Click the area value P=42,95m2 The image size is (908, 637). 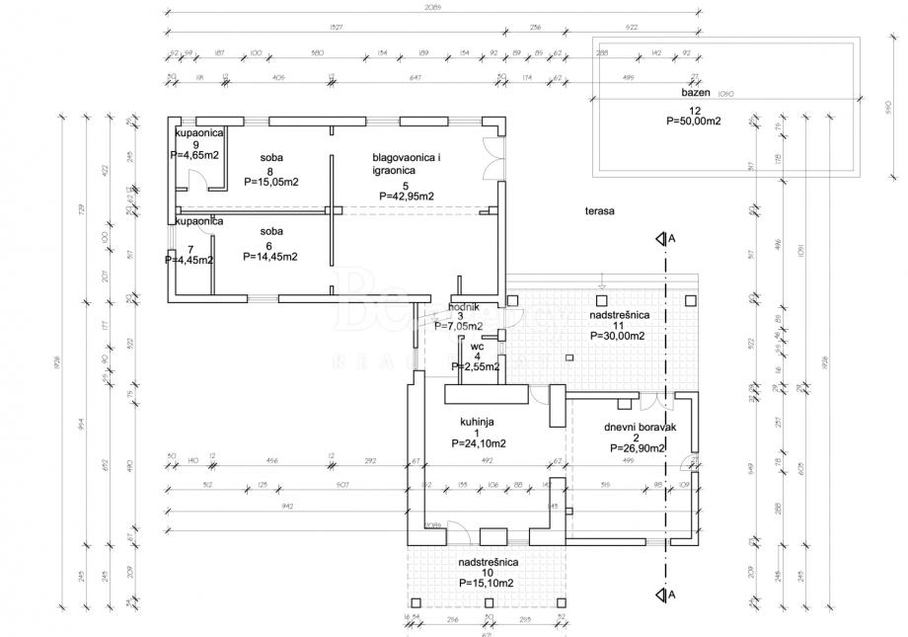point(407,196)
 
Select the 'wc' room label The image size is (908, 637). point(477,347)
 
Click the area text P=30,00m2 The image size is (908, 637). point(618,336)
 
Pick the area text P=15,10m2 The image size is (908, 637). point(486,583)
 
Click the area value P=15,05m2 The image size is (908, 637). point(270,182)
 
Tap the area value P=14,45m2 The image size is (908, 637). point(269,256)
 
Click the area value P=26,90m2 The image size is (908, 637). point(638,448)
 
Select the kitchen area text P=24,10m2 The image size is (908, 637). point(479,443)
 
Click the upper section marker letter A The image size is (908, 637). point(671,239)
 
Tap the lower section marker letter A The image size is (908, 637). point(671,595)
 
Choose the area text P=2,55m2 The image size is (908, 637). point(476,366)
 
